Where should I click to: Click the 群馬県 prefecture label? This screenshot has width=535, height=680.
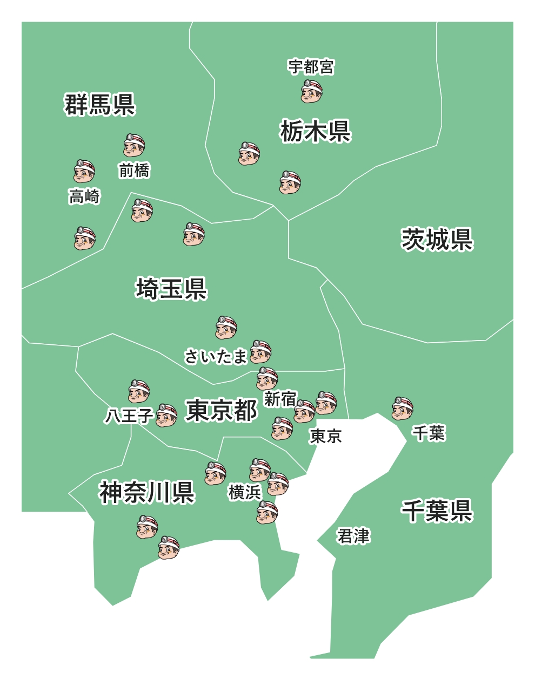tap(100, 104)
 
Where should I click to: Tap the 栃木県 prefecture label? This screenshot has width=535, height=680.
tap(316, 131)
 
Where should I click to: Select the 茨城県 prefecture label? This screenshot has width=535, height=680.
tap(437, 239)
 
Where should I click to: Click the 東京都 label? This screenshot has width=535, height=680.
tap(222, 410)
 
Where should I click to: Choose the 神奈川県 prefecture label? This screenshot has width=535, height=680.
tap(146, 492)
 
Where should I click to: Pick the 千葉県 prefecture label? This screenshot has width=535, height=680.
tap(437, 511)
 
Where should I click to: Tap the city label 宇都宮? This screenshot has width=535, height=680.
tap(311, 67)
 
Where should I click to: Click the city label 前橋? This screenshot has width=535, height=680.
tap(134, 171)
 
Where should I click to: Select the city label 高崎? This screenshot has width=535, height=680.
tap(84, 196)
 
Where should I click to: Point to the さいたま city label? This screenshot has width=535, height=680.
tap(216, 357)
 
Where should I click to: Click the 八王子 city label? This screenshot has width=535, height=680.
tap(129, 416)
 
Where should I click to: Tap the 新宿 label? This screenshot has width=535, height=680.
tap(280, 399)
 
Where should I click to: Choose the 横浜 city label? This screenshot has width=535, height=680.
tap(245, 492)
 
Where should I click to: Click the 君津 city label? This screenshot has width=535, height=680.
tap(353, 536)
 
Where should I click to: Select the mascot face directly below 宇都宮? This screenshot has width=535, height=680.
tap(312, 91)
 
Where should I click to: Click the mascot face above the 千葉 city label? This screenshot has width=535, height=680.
tap(403, 409)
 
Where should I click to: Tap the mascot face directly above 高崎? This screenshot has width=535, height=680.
tap(84, 171)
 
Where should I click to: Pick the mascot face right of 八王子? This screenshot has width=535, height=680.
tap(166, 415)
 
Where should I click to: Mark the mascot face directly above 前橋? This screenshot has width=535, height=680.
tap(134, 145)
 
